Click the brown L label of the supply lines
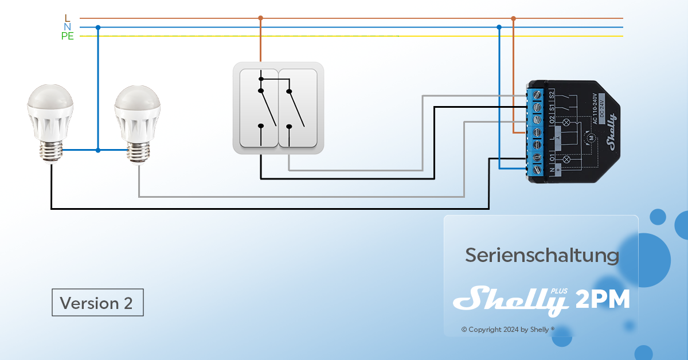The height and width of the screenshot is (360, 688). tap(67, 18)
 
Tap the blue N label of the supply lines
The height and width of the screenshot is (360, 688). tap(67, 27)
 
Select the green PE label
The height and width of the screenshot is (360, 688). tap(67, 36)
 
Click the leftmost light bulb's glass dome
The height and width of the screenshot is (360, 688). tap(50, 100)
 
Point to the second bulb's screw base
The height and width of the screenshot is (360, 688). tap(139, 152)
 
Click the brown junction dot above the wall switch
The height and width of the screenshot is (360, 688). tap(260, 18)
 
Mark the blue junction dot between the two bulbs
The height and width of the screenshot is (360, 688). tap(98, 150)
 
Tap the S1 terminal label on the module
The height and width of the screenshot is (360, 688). tap(552, 107)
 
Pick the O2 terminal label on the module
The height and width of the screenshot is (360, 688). tap(552, 120)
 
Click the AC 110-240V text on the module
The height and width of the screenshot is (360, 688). tap(595, 108)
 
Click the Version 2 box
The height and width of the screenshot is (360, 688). tap(97, 302)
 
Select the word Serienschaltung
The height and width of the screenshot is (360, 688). tap(541, 255)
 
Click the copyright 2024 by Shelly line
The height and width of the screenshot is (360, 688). tap(508, 330)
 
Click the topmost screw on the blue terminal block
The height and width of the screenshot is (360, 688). tap(538, 95)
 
